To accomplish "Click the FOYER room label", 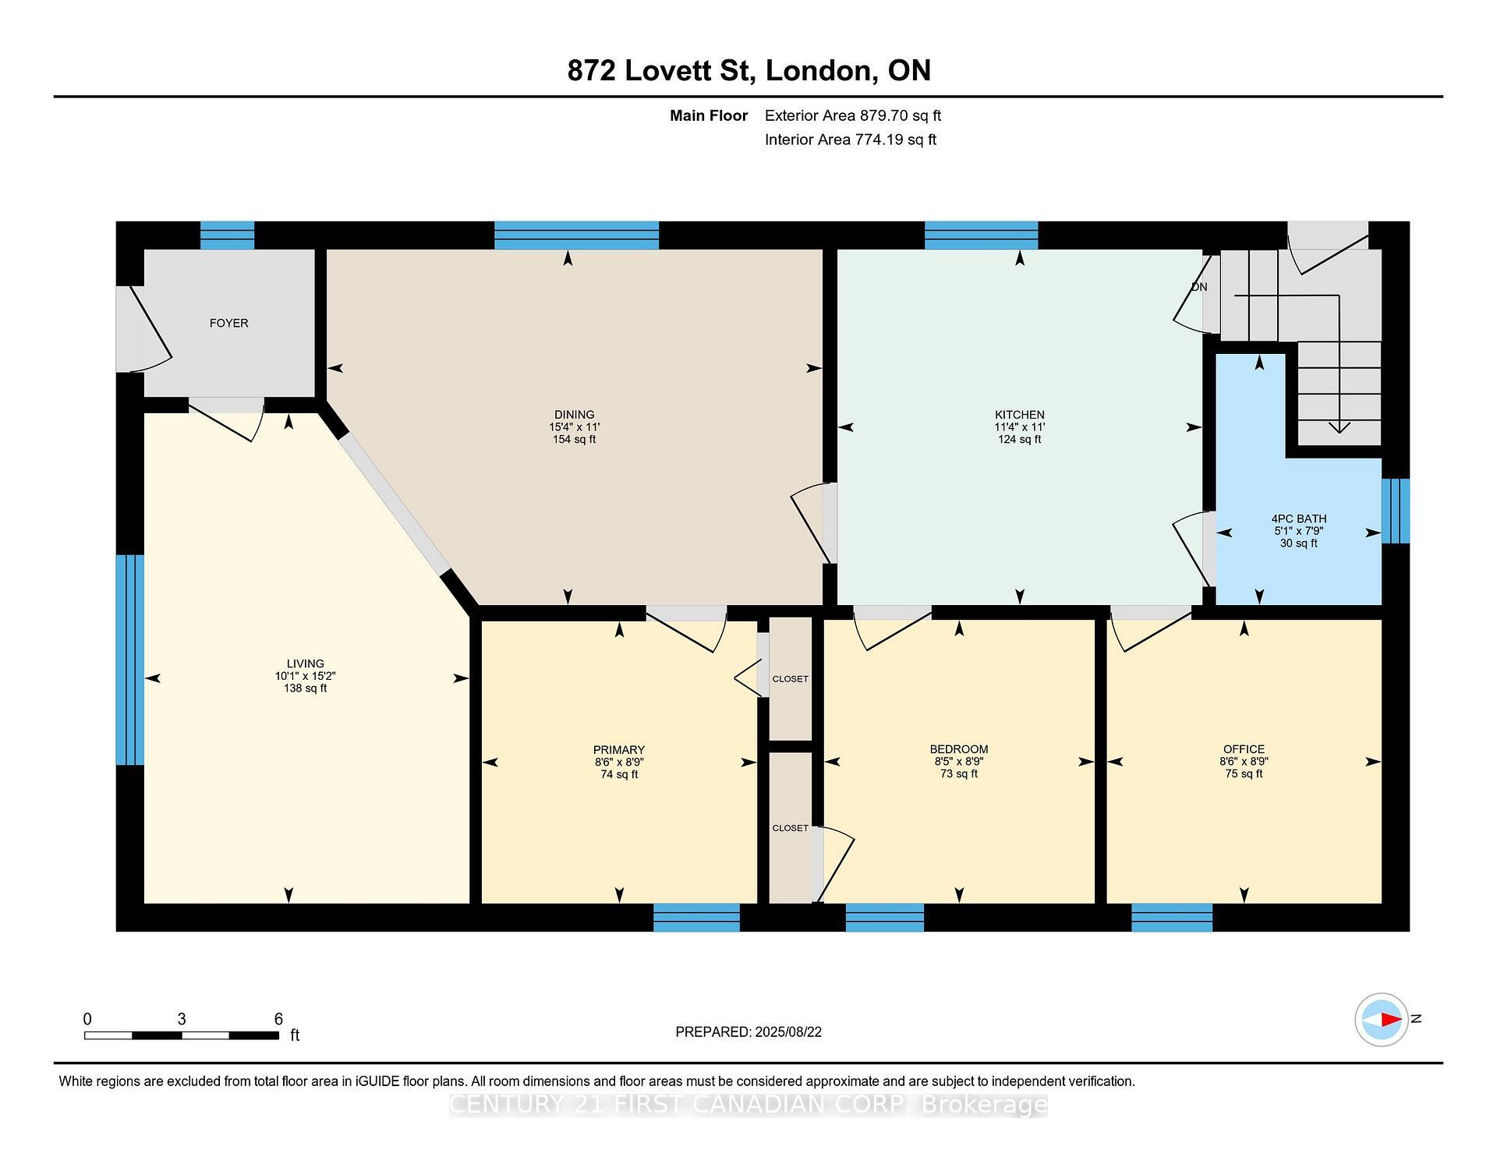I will click(228, 323).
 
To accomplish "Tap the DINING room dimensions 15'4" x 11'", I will click(574, 427).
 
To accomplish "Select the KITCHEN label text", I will click(1019, 415).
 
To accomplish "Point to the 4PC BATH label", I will click(1298, 518).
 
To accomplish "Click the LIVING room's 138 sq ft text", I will click(305, 688).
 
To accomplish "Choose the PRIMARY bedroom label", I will click(619, 750).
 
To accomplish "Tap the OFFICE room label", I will click(1244, 749).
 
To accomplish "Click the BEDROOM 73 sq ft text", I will click(958, 774).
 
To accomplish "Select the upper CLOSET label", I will click(790, 679).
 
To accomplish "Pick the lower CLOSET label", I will click(790, 828).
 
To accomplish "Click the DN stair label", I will click(1199, 287).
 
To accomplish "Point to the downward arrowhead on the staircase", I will click(1340, 426).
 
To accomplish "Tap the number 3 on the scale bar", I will click(182, 1019).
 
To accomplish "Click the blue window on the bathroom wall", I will click(1395, 511).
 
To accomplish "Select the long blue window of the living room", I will click(129, 660).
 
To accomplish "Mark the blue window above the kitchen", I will click(981, 235).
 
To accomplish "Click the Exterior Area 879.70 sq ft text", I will click(853, 115).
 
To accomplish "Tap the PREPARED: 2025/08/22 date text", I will click(748, 1032).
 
